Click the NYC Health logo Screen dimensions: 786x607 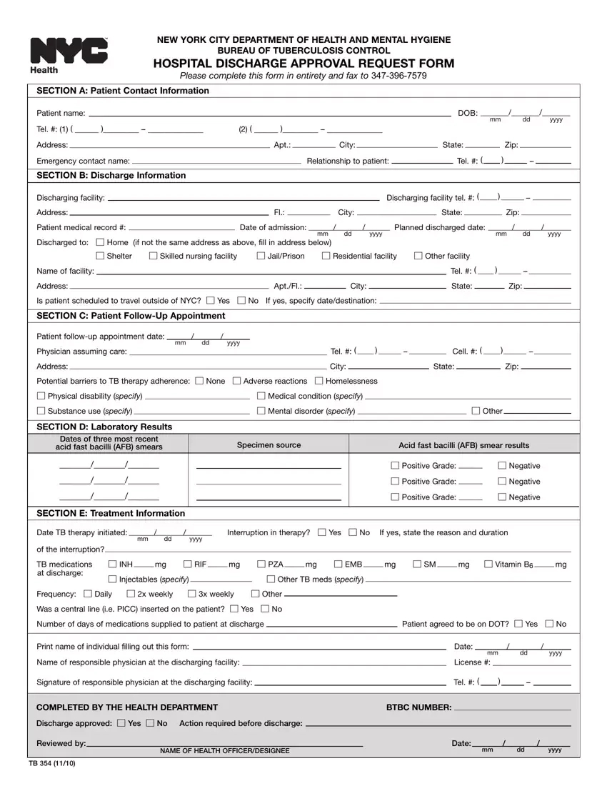(x=69, y=54)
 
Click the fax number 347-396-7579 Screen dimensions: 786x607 (x=399, y=75)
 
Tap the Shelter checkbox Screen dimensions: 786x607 (x=100, y=256)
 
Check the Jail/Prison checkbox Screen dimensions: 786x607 (x=261, y=256)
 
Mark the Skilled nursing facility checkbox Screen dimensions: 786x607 (x=154, y=256)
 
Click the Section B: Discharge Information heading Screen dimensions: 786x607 (x=111, y=175)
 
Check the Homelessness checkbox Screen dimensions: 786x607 (x=319, y=381)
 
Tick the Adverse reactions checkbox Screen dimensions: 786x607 (x=237, y=381)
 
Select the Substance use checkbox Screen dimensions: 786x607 (x=41, y=411)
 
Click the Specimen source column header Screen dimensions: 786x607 (x=269, y=445)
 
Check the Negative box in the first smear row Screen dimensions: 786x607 (x=502, y=466)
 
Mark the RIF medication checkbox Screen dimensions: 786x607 (x=188, y=564)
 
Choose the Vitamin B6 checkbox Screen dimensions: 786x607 (x=488, y=564)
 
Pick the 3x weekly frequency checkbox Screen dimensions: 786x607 (x=192, y=594)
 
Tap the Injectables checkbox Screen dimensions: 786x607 (x=112, y=579)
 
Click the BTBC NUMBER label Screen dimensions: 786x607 (x=418, y=707)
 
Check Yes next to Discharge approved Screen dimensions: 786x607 (x=121, y=723)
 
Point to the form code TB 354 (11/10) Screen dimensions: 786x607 (x=52, y=764)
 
